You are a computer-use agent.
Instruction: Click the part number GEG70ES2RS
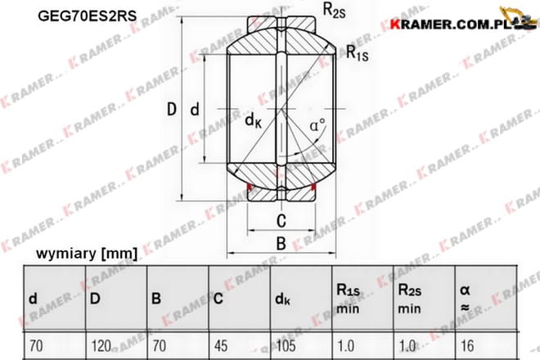[87, 16]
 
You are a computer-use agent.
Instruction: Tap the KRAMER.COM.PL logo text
[450, 25]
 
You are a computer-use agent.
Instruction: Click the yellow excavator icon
[518, 17]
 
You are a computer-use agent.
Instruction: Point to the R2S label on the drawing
[334, 11]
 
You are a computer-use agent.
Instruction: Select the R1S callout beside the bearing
[357, 53]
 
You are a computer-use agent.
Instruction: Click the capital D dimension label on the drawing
[172, 109]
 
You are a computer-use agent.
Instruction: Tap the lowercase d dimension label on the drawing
[195, 110]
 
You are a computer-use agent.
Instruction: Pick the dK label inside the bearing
[253, 120]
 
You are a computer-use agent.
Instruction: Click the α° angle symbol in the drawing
[317, 125]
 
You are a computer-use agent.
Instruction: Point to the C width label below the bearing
[281, 221]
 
